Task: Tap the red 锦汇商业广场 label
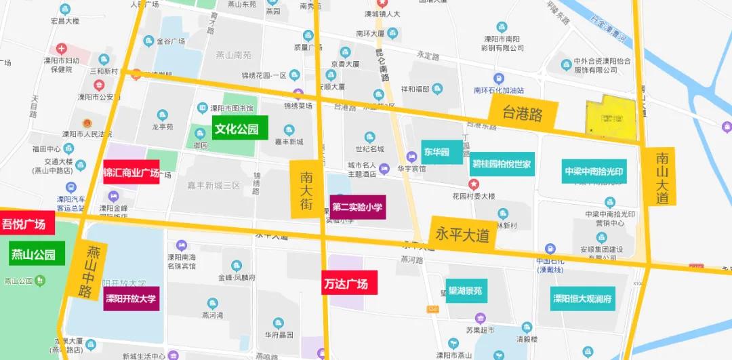point(131,172)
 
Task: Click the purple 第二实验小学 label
point(358,207)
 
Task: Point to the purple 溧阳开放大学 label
point(131,298)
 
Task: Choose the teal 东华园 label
point(436,152)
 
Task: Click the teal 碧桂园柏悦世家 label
point(502,163)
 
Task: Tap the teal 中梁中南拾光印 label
point(594,171)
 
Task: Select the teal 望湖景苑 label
point(465,291)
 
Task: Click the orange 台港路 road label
point(523,113)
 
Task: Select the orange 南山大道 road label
point(662,177)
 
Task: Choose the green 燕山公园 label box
point(37,254)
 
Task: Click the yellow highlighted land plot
point(611,117)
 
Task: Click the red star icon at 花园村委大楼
point(474,184)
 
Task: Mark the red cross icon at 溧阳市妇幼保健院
point(62,49)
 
